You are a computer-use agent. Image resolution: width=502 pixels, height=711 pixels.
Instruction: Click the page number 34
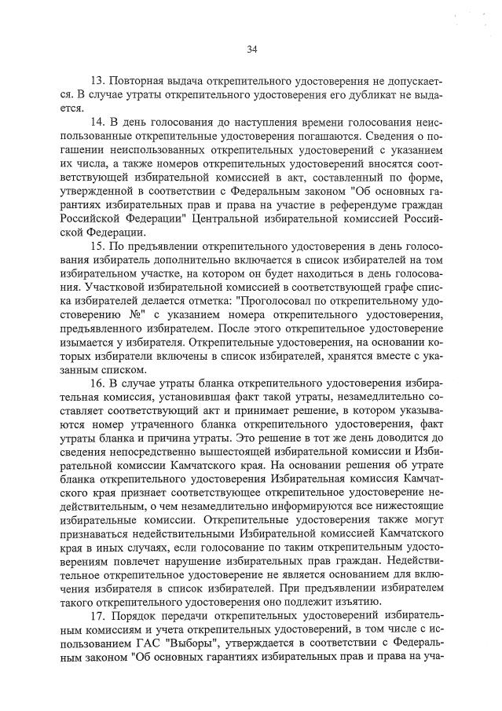pyautogui.click(x=252, y=49)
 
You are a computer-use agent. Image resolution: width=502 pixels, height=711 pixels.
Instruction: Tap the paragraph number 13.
pyautogui.click(x=98, y=82)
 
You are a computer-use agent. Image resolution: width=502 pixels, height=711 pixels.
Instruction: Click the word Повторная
pyautogui.click(x=135, y=82)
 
